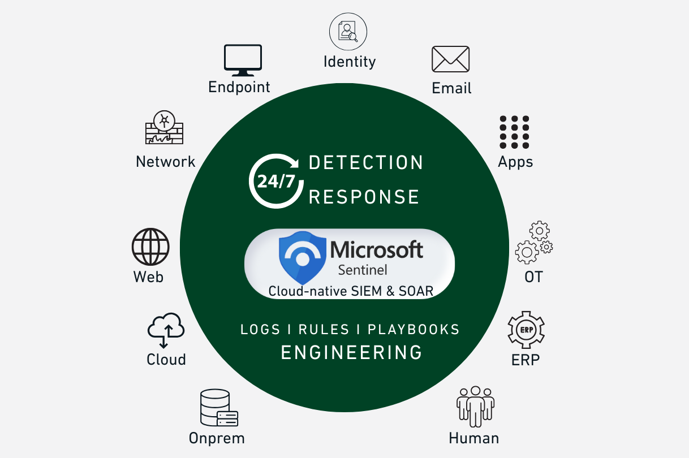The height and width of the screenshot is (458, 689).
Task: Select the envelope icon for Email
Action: [451, 59]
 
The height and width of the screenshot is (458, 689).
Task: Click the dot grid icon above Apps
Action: [514, 132]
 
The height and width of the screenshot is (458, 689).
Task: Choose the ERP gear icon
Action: [526, 330]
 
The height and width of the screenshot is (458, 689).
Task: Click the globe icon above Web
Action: [150, 247]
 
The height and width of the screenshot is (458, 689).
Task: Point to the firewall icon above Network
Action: [165, 128]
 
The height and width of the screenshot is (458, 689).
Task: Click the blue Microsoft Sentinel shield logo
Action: [303, 257]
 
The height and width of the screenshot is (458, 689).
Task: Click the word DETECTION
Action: [366, 163]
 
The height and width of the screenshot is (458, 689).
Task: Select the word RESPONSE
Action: [364, 197]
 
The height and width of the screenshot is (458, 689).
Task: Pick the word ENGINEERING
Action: [352, 352]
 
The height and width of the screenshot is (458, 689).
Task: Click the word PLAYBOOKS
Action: [414, 330]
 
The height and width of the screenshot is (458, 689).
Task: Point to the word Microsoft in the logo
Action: [377, 249]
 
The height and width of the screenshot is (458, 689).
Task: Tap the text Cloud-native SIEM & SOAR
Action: [351, 291]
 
